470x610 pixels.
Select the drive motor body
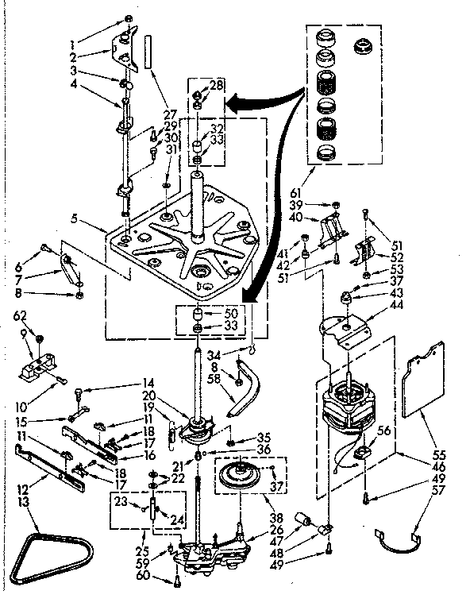point(349,405)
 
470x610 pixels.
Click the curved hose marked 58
point(248,389)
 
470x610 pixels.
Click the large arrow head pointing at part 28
point(229,102)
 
